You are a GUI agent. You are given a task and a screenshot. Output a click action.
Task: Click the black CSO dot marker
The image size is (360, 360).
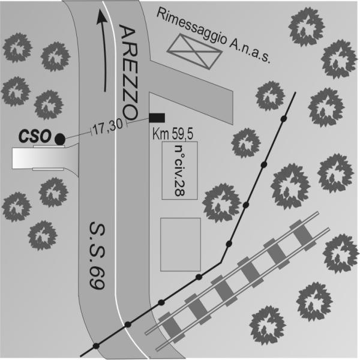click(x=60, y=139)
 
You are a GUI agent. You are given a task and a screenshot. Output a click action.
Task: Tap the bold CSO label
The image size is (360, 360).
click(x=34, y=136)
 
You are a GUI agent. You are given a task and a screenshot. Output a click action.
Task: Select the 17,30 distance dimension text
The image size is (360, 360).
click(x=108, y=128)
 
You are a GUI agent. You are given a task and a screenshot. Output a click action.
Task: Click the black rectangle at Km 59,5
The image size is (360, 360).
click(x=157, y=118)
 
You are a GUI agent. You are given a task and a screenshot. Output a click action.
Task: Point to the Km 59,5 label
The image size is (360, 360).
click(x=173, y=134)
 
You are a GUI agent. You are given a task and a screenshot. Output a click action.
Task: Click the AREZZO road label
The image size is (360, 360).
click(x=129, y=73)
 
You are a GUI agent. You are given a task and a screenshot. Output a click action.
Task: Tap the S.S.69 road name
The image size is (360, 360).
click(x=97, y=256)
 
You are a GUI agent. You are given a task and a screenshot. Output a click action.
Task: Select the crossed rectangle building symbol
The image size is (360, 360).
click(x=194, y=52)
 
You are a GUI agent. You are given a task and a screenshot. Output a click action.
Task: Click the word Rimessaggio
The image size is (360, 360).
click(x=191, y=27)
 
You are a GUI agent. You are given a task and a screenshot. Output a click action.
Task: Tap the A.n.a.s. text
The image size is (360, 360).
click(x=250, y=52)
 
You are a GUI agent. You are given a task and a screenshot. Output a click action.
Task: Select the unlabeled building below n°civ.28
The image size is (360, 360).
click(x=181, y=245)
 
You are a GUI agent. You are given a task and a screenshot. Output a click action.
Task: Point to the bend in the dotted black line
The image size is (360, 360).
click(x=221, y=262)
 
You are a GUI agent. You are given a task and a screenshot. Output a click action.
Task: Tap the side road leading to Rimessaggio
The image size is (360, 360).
click(x=191, y=92)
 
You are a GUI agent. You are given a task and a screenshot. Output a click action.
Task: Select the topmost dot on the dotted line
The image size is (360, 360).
click(x=284, y=119)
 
